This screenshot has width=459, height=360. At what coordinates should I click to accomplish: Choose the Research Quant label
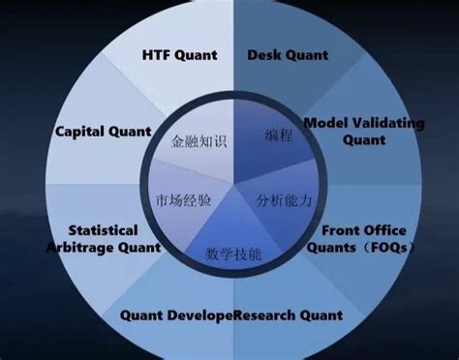click(x=289, y=315)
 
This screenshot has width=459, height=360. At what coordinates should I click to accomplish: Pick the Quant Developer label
click(x=177, y=315)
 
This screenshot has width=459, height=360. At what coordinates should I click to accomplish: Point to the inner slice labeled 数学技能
click(x=233, y=254)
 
